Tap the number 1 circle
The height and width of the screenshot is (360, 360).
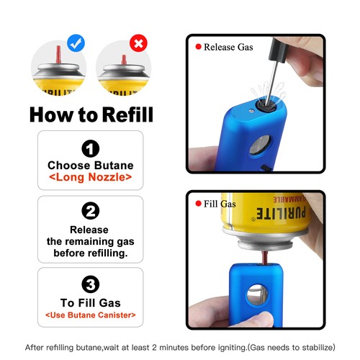[x=90, y=149]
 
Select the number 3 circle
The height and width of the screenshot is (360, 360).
[x=90, y=283]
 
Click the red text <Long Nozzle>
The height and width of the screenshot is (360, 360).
[x=90, y=176]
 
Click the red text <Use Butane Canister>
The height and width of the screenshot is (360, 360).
[x=90, y=315]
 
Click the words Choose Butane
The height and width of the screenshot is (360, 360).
[x=90, y=165]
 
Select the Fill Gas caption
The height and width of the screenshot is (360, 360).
[x=220, y=204]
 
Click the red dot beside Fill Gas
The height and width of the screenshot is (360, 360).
[x=198, y=204]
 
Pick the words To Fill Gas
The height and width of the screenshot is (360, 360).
[x=90, y=303]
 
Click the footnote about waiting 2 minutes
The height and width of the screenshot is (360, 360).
[x=180, y=346]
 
